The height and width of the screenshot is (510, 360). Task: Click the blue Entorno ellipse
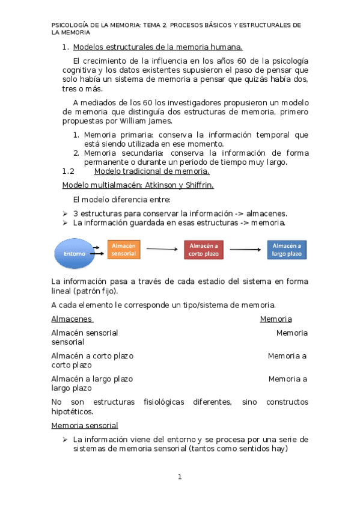[74, 253]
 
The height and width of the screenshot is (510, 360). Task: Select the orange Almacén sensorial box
[124, 250]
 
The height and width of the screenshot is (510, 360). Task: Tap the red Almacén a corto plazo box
[204, 250]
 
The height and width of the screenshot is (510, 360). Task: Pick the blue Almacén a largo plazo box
[287, 250]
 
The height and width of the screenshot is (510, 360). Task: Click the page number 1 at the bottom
[179, 477]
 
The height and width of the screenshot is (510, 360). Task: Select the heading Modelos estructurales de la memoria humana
[157, 47]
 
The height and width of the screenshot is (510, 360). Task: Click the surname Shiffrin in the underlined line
[196, 185]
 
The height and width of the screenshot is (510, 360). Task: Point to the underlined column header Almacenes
[72, 319]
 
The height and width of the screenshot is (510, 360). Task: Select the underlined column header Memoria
[275, 319]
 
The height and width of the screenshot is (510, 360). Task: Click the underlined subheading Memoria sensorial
[84, 426]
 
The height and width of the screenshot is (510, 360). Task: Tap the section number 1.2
[68, 171]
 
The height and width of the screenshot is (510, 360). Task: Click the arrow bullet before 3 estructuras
[66, 214]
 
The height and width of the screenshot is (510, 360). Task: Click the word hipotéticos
[72, 412]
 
